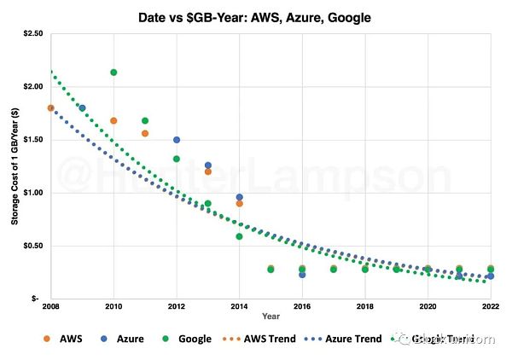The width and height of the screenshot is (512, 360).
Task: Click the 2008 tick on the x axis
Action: coord(51,305)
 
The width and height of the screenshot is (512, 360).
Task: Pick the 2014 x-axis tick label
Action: coord(239,305)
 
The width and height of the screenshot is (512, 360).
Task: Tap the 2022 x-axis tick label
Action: coord(490,305)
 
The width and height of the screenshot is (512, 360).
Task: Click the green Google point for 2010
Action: coord(113,73)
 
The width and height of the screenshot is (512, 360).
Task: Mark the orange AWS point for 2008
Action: coord(51,108)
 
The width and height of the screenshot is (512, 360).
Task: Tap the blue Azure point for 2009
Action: coord(82,108)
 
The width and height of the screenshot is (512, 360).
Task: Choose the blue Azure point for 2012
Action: coord(177,140)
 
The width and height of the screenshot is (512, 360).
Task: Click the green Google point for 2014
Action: coord(239,236)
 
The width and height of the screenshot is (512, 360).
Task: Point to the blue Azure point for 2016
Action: coord(302,275)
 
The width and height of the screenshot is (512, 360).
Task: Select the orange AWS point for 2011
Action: coord(145,133)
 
